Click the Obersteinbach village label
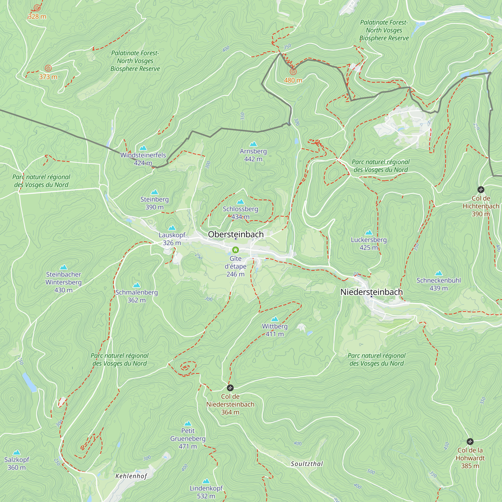(236, 234)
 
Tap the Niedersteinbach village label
(371, 292)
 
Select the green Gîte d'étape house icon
(235, 250)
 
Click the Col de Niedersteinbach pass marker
(230, 388)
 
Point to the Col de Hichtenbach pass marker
(481, 190)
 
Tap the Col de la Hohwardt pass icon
(470, 442)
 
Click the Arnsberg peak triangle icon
(253, 144)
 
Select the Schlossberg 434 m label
(240, 213)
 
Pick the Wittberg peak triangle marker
(275, 319)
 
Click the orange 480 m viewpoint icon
(293, 72)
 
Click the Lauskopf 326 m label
(172, 239)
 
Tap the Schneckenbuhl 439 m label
(438, 284)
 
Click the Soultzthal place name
(307, 464)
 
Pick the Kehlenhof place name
(131, 476)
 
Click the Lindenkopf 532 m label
(206, 492)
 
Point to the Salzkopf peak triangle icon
(17, 452)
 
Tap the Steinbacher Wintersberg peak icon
(64, 267)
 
